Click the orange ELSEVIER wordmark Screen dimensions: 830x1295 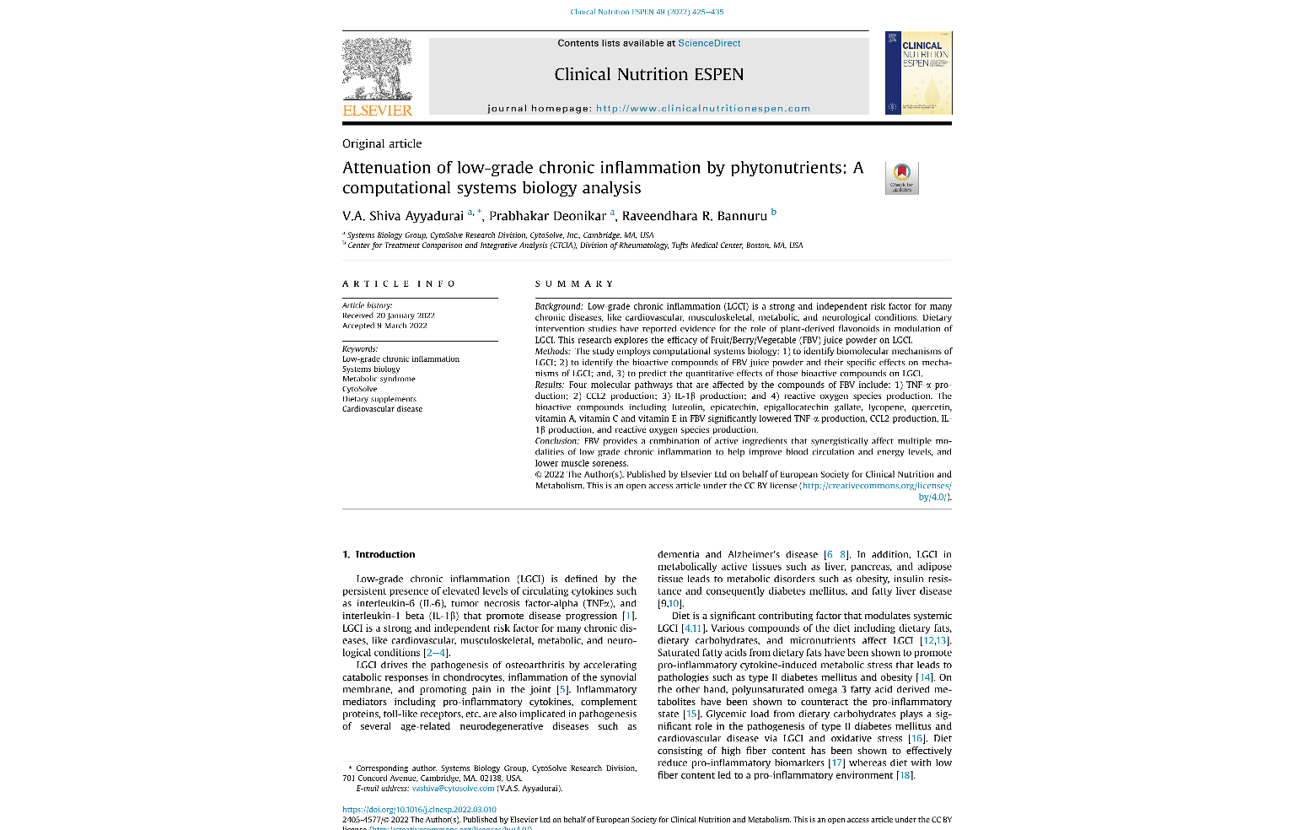click(x=377, y=110)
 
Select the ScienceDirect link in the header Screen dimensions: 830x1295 click(x=709, y=43)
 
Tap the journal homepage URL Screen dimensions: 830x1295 click(x=702, y=108)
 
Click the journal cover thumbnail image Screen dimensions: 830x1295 click(x=918, y=73)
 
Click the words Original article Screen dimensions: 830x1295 click(x=382, y=143)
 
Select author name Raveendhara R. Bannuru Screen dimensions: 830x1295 click(x=694, y=216)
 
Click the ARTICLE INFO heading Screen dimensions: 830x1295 click(x=399, y=284)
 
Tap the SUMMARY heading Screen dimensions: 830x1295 click(x=574, y=284)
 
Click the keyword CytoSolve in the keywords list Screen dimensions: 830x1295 click(x=359, y=389)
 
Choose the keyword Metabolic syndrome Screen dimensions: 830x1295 click(x=379, y=379)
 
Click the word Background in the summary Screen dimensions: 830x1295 click(x=558, y=306)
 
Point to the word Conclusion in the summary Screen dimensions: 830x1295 click(x=556, y=441)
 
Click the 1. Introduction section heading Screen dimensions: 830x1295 click(x=379, y=554)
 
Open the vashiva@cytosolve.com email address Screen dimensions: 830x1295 click(x=453, y=789)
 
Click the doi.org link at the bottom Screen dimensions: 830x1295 click(x=419, y=810)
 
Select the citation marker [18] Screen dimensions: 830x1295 click(x=905, y=775)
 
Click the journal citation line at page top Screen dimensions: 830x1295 click(x=647, y=12)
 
